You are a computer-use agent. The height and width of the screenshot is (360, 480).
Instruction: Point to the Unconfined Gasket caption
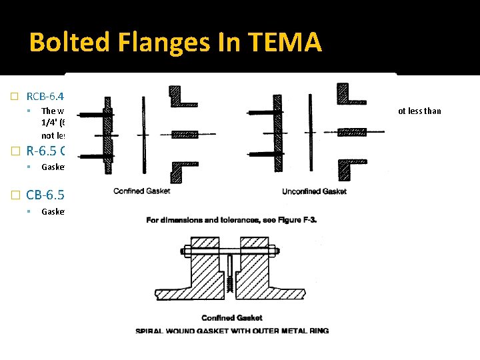coord(315,191)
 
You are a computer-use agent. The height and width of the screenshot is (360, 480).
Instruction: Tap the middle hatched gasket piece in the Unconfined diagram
coord(352,133)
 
